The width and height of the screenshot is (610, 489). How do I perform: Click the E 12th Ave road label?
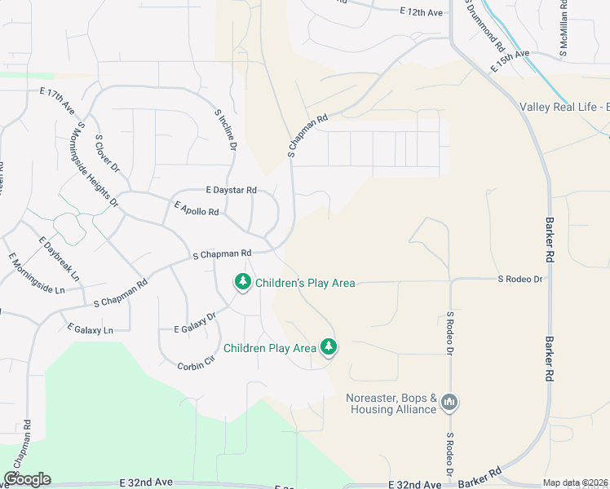click(x=421, y=12)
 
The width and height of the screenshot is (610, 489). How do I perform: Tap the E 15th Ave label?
click(x=511, y=59)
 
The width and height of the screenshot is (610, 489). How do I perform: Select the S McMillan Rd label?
click(x=564, y=29)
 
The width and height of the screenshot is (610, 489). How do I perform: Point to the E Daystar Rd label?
click(x=232, y=190)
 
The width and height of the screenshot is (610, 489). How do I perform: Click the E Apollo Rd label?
click(x=196, y=208)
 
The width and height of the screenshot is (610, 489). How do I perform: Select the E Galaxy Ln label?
click(x=90, y=327)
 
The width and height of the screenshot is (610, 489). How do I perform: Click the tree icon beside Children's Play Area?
click(x=242, y=282)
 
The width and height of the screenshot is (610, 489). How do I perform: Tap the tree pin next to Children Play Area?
click(x=328, y=347)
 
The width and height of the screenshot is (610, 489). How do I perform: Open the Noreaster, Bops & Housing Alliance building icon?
click(x=449, y=403)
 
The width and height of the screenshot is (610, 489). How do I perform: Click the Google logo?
click(x=27, y=478)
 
